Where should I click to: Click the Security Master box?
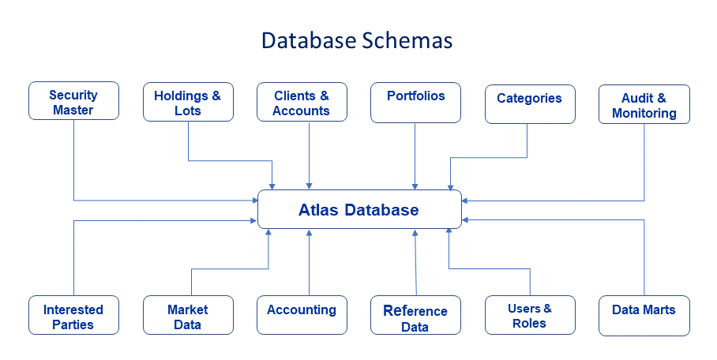click(73, 101)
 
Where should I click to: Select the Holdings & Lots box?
click(188, 102)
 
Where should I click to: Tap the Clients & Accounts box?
click(302, 102)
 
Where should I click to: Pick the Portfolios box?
click(415, 103)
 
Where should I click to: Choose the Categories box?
click(530, 104)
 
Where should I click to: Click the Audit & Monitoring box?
click(644, 104)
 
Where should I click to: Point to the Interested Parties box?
click(73, 315)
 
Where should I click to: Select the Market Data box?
click(188, 315)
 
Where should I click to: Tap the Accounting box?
click(302, 315)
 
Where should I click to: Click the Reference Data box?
click(415, 315)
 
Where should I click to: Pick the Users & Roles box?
click(530, 315)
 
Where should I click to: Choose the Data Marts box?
click(644, 316)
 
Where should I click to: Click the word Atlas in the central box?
click(318, 210)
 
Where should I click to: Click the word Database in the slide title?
click(309, 41)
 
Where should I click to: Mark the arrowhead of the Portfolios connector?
click(415, 186)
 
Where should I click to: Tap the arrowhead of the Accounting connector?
click(309, 232)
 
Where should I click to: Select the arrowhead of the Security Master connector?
click(255, 201)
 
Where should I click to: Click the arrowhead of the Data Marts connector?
click(465, 220)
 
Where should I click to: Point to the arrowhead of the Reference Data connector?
click(415, 232)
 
